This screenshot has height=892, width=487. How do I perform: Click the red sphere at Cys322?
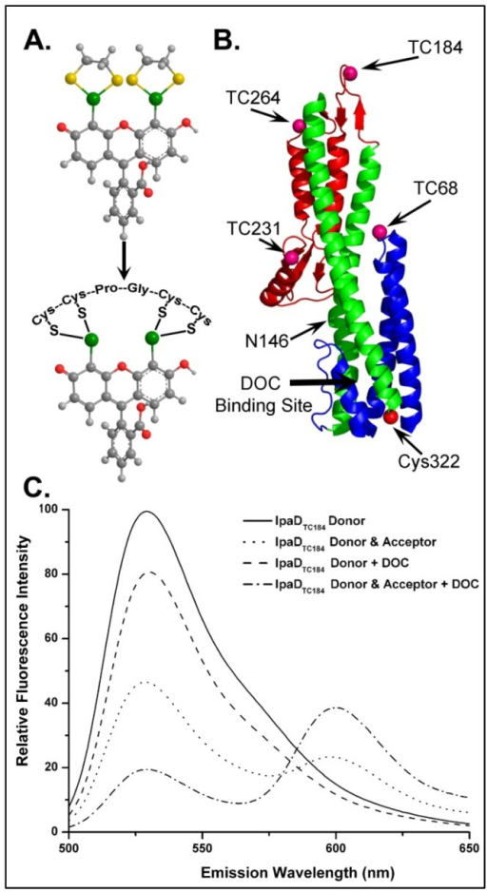(x=390, y=417)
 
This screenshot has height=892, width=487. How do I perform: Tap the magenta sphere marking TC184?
(x=352, y=73)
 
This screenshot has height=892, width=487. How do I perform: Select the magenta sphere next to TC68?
(x=380, y=231)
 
